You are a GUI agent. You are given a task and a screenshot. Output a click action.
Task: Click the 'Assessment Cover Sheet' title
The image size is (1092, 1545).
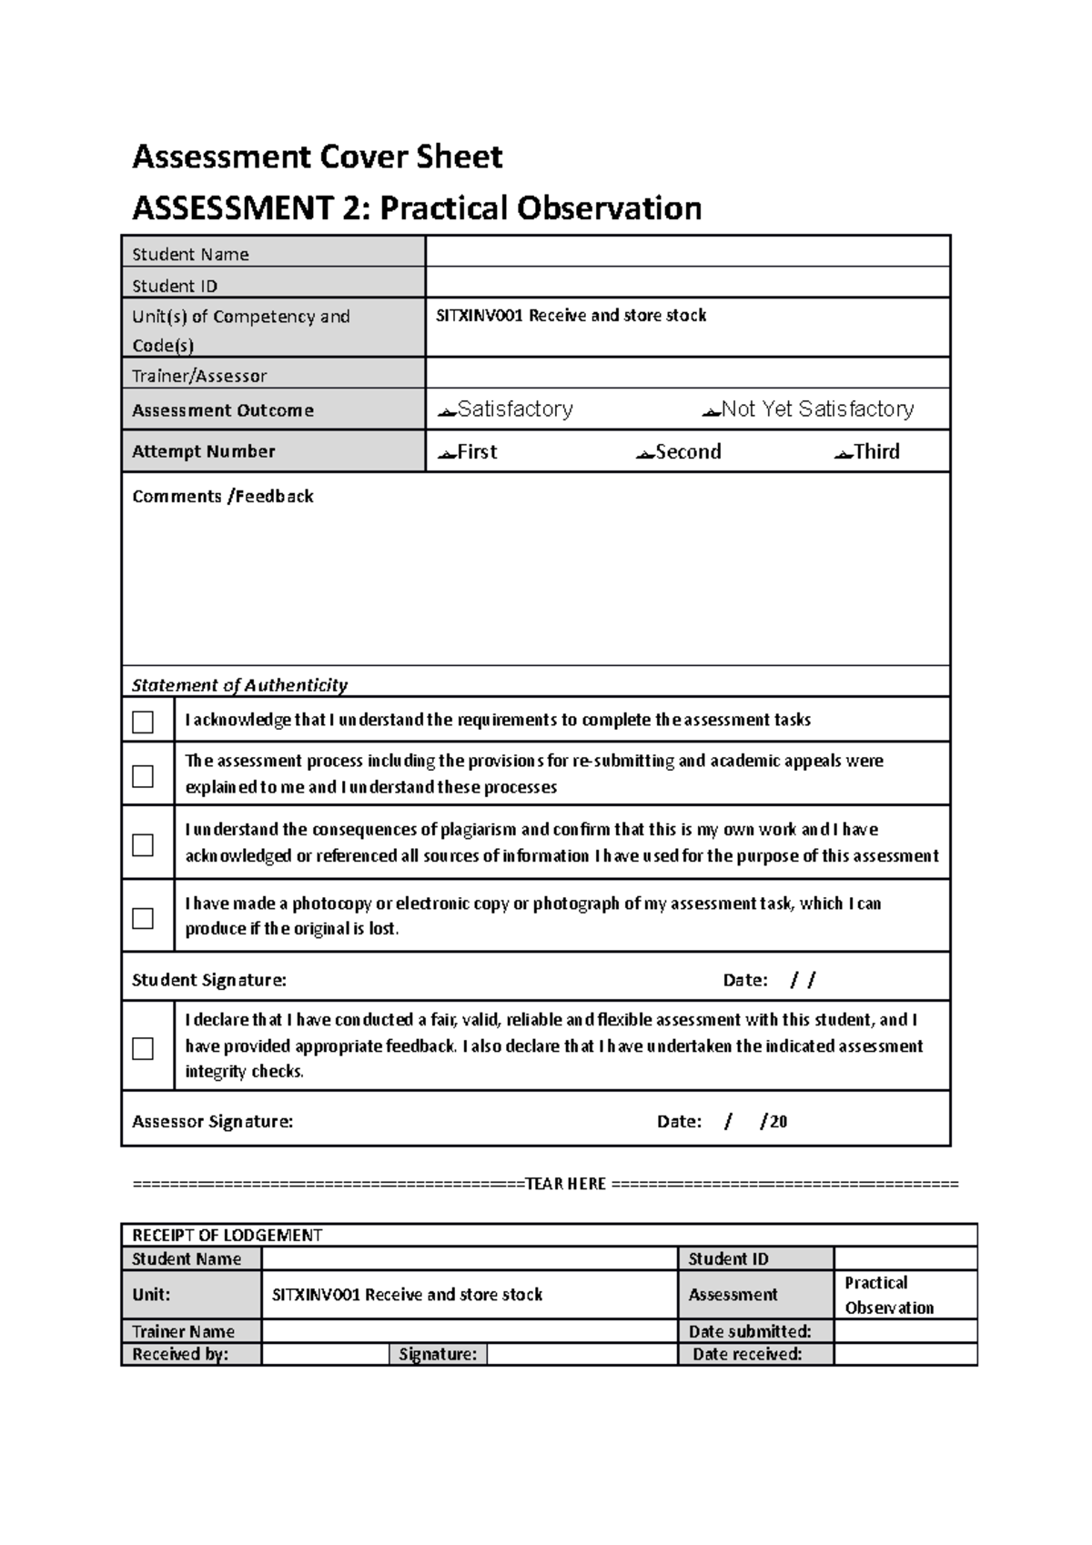[317, 157]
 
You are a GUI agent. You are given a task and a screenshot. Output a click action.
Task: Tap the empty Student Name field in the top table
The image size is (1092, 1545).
[687, 252]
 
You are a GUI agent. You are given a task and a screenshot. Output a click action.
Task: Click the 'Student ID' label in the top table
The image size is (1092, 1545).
[175, 286]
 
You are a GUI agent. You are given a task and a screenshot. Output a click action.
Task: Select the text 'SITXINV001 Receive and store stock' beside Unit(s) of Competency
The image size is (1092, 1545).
[571, 316]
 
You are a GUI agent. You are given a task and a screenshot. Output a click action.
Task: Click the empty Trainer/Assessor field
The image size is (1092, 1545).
[687, 373]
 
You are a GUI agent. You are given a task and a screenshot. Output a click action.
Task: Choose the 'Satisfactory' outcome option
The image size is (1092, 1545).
[506, 409]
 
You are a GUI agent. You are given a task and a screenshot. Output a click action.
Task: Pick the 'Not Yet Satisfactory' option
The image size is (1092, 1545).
[808, 409]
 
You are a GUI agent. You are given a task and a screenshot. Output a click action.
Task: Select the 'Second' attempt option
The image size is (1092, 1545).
[679, 452]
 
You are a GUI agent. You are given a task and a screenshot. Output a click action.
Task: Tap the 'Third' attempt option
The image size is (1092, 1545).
[867, 452]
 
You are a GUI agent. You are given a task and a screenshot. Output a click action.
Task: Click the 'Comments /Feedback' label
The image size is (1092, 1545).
[223, 496]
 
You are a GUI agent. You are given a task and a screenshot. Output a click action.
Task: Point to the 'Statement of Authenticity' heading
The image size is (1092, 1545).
[239, 684]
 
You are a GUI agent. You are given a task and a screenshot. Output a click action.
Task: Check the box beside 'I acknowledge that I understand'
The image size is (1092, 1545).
[143, 722]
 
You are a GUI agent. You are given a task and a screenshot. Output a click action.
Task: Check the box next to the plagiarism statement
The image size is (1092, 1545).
[143, 844]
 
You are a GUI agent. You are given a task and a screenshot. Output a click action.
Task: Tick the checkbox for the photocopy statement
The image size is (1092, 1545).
[143, 917]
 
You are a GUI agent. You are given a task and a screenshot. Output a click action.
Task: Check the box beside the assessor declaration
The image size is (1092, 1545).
[143, 1048]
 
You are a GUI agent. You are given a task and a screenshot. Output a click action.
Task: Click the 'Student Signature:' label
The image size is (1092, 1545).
[209, 980]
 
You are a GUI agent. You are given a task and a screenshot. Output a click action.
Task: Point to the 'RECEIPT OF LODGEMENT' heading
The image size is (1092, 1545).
[227, 1235]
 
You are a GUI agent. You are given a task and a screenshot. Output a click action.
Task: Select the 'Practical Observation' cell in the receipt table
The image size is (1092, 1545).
[889, 1295]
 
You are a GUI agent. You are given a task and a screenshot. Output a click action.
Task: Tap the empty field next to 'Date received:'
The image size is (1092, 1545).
[905, 1354]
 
